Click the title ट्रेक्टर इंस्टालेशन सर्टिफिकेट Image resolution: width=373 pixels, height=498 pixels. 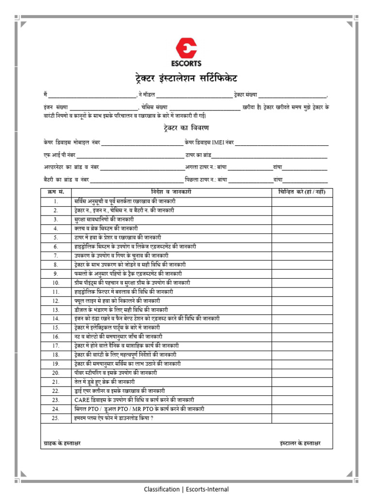click(186, 79)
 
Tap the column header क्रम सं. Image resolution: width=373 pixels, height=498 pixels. click(56, 192)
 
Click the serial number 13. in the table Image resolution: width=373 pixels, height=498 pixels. click(56, 310)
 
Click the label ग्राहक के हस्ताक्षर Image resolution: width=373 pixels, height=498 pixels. click(62, 444)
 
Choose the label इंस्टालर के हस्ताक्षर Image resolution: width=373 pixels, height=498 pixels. click(300, 444)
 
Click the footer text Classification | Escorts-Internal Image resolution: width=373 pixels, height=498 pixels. click(186, 489)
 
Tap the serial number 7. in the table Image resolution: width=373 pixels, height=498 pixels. click(56, 255)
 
